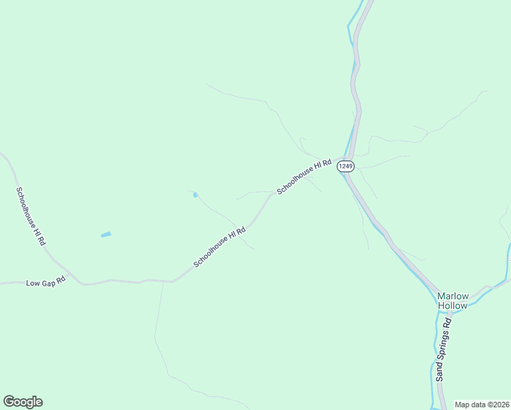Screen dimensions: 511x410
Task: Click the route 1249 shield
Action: coord(346,166)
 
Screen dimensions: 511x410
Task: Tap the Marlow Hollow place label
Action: coord(452,301)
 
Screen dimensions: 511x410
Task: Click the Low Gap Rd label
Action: coord(45,282)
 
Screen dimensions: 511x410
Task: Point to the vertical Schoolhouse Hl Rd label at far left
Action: coord(31,216)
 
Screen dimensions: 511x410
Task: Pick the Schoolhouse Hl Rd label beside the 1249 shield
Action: coord(304,176)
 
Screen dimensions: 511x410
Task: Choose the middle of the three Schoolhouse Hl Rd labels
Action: coord(219,247)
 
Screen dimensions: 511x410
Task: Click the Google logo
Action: coord(23,402)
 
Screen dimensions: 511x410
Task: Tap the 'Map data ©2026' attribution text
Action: coord(482,405)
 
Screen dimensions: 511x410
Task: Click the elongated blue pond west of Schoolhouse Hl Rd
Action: coord(106,234)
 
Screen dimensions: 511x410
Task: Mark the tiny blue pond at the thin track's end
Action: coord(195,195)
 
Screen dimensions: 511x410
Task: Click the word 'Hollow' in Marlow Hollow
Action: coord(452,305)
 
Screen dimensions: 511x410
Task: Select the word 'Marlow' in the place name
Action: coord(453,296)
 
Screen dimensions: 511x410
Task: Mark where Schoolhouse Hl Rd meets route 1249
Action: coord(340,165)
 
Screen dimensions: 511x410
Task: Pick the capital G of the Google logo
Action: coord(10,401)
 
